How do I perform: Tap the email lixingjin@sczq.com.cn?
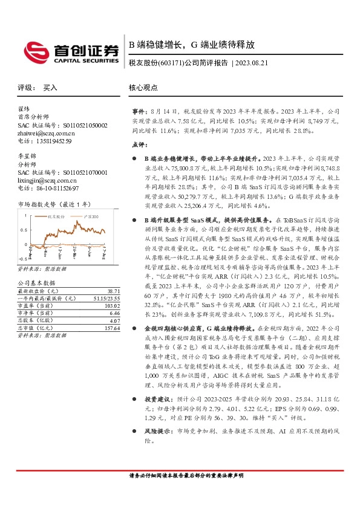[45, 180]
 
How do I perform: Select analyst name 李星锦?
[27, 156]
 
